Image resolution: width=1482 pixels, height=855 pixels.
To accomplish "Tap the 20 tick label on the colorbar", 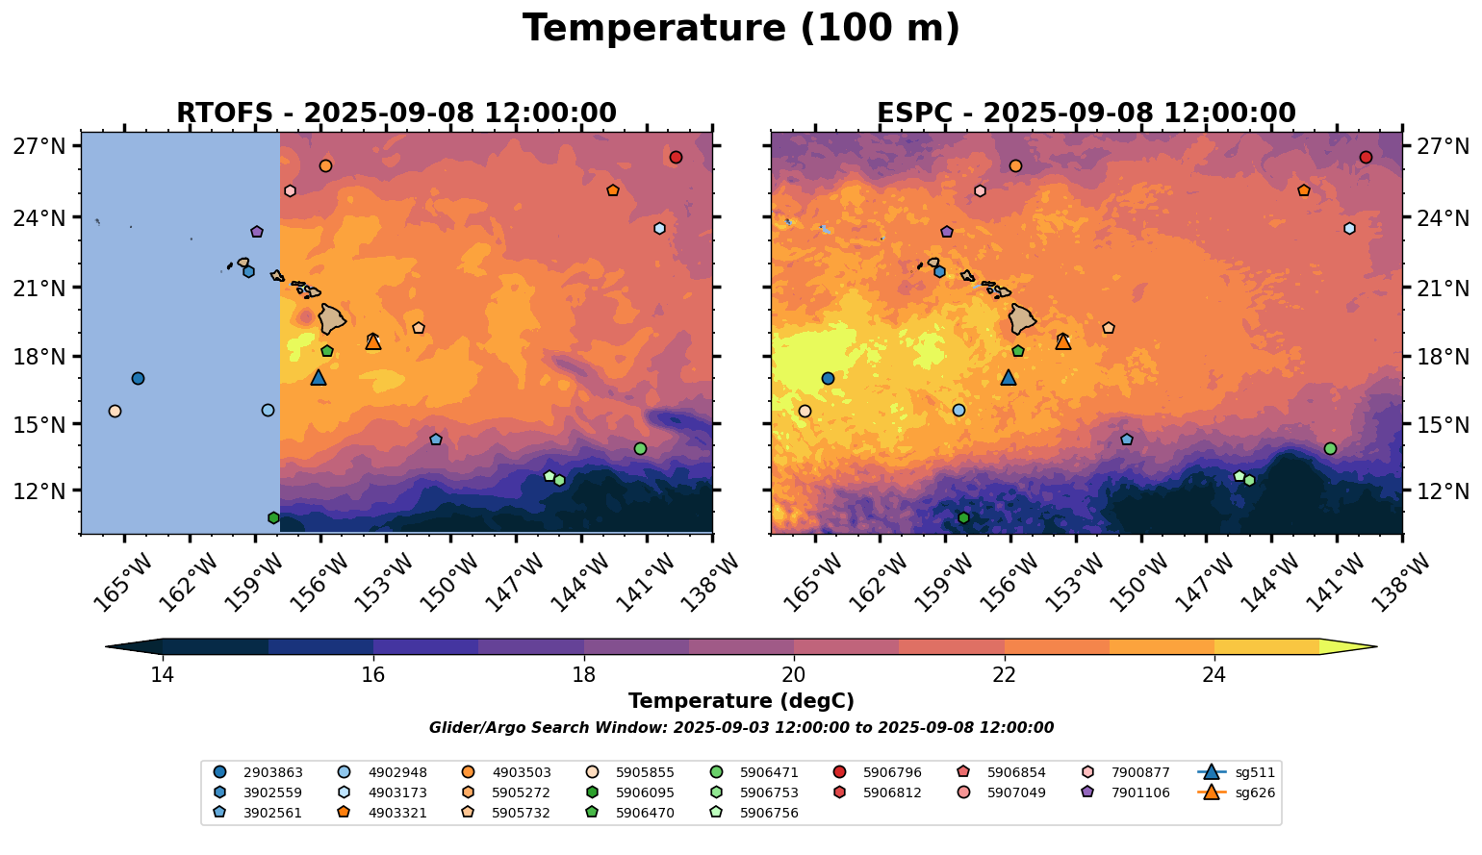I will click(x=794, y=674).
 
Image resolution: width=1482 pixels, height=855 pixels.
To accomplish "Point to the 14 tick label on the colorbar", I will click(x=163, y=674).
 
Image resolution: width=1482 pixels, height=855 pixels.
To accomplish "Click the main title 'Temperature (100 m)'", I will click(x=741, y=29).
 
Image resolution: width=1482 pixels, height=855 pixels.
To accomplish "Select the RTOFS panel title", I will click(x=396, y=113).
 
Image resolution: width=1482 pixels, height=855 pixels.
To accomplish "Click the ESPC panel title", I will click(x=1086, y=113).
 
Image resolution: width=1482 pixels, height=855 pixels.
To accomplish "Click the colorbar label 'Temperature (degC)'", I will click(x=741, y=701).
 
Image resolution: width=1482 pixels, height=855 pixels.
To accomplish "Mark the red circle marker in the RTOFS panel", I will click(x=676, y=158).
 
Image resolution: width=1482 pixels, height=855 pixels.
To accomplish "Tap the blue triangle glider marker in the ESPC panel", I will click(x=1009, y=378).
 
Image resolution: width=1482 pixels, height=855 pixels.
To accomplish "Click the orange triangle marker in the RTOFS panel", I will click(x=373, y=341).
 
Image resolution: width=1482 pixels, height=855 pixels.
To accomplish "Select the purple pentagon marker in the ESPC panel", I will click(x=947, y=232).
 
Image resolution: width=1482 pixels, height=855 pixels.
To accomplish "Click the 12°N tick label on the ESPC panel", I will click(x=1444, y=491).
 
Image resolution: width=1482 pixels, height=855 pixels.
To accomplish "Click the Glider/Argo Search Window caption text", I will click(x=741, y=728).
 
